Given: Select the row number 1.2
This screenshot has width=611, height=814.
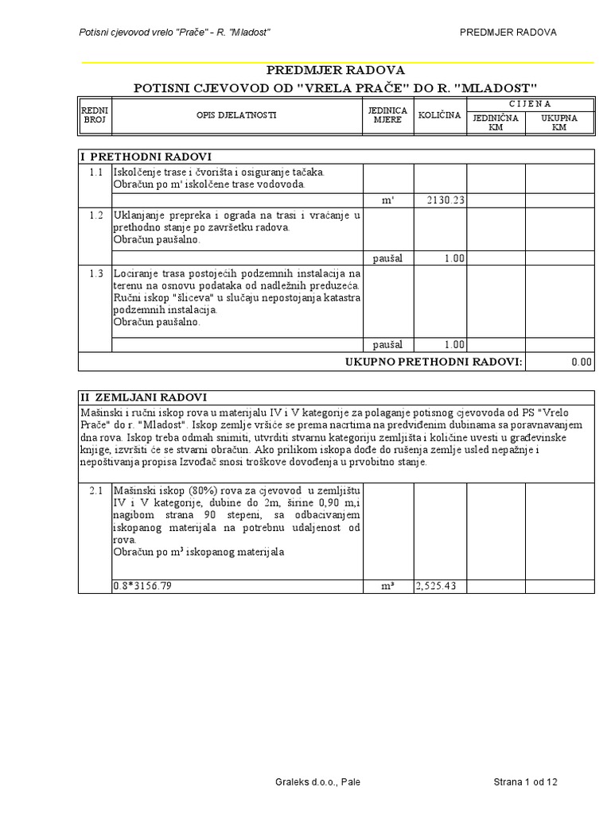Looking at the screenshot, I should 96,215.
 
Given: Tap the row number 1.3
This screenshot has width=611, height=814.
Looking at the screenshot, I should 96,273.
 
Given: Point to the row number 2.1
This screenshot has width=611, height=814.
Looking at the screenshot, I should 96,490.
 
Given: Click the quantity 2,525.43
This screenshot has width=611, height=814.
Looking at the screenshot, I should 440,586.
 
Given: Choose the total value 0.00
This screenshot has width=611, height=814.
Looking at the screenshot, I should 582,362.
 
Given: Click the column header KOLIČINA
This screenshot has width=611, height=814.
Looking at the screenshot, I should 439,115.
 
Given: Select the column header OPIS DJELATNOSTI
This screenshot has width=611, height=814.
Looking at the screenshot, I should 236,115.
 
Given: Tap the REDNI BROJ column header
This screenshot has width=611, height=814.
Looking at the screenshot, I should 95,115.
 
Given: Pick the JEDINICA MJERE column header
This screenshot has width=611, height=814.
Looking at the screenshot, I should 387,115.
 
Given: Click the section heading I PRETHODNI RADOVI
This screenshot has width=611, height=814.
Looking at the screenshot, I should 146,156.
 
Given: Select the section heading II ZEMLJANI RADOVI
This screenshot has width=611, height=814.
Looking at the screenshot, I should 144,397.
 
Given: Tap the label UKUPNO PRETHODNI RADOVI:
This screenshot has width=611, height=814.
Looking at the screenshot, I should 434,362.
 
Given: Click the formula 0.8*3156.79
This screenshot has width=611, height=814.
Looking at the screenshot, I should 143,586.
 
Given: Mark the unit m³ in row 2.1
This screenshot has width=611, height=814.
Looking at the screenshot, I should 387,586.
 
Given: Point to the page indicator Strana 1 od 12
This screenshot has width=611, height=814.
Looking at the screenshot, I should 525,782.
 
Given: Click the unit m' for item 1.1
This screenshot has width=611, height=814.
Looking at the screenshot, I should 387,200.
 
